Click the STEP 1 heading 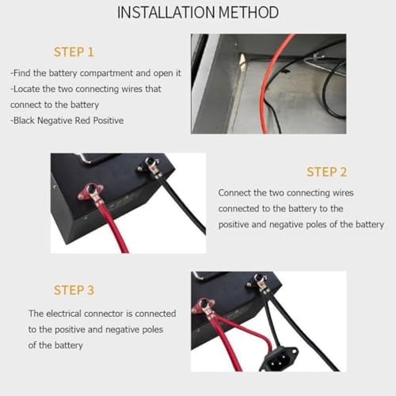74,52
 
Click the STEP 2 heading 327,172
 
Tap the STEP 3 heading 74,290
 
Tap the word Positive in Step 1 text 107,120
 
